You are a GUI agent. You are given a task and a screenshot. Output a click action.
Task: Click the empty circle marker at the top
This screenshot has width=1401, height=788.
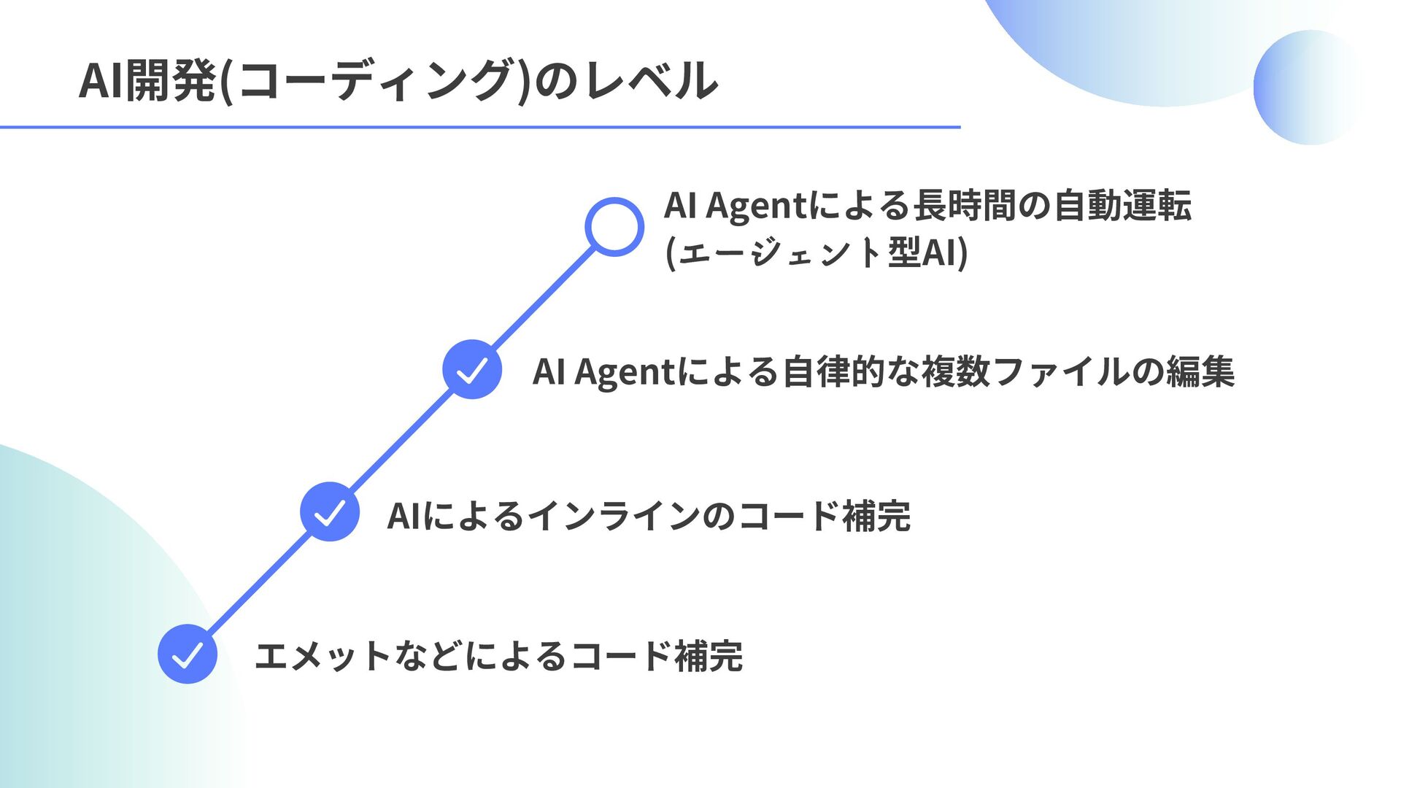point(614,227)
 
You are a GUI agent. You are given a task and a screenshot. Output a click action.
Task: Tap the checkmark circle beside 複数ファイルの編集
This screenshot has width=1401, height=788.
point(472,369)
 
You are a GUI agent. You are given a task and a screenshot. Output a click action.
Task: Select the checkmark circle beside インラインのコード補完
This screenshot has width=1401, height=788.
point(330,511)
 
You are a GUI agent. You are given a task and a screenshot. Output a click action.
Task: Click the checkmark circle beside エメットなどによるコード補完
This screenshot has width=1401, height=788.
point(188,654)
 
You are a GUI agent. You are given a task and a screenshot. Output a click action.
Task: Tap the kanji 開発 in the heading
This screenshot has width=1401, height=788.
point(171,80)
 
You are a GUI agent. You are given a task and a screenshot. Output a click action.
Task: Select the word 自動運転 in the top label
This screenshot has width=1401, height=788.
point(1122,205)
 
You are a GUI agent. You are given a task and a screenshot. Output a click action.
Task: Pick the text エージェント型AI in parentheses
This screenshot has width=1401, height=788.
point(817,252)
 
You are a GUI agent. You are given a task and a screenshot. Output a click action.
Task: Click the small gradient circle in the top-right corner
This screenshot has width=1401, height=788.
point(1310,87)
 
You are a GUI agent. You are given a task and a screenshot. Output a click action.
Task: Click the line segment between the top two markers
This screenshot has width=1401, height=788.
point(544,298)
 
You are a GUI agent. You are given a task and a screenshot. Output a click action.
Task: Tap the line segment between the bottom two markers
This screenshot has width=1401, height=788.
point(259,582)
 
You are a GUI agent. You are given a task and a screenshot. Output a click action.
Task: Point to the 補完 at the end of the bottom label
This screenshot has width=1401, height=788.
point(709,655)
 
